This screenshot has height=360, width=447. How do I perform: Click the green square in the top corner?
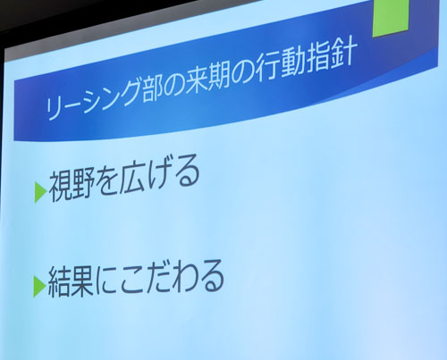tap(391, 17)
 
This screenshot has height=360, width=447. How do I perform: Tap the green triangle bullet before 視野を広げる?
tap(40, 192)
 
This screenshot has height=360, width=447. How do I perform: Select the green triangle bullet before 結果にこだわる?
tap(39, 287)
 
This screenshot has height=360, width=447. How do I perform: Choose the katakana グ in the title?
tap(128, 91)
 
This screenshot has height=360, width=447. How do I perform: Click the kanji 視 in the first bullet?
tap(59, 188)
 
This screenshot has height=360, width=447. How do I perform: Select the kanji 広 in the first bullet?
tap(131, 178)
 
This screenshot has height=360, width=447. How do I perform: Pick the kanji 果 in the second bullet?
tap(82, 281)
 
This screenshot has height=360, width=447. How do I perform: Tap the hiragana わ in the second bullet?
tap(186, 277)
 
